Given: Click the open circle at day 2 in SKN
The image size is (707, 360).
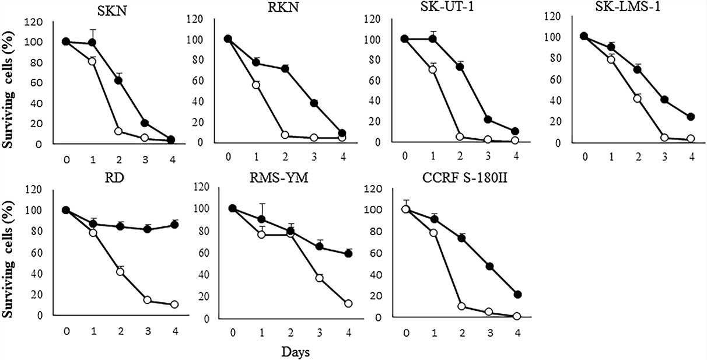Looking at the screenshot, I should pos(118,131).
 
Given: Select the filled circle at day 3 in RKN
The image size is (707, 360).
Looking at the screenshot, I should pos(314,103).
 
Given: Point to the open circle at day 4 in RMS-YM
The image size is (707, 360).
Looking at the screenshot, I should pos(349,303).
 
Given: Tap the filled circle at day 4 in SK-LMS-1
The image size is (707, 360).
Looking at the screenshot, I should pos(691,117).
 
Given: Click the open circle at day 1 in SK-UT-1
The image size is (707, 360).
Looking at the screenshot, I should pos(432,69).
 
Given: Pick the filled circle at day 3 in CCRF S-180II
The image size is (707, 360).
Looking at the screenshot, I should pos(490,267).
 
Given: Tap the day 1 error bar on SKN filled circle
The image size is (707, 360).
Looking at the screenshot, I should pos(92,34).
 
